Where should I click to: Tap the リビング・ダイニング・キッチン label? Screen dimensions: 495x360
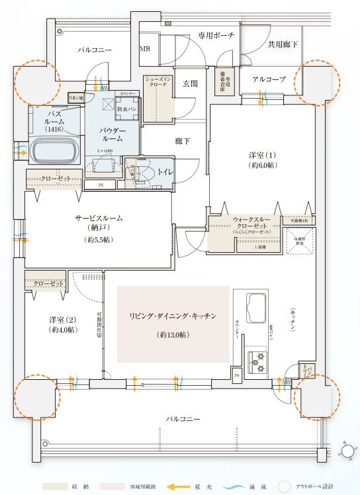[x=173, y=316]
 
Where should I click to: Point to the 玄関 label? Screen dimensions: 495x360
[x=191, y=83]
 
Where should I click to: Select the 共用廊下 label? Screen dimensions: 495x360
[x=283, y=44]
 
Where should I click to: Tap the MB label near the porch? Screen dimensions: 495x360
[x=144, y=49]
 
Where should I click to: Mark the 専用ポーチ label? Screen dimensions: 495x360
[x=216, y=36]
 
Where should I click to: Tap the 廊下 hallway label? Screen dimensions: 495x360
[x=183, y=141]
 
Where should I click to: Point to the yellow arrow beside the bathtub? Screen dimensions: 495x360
[x=21, y=154]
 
